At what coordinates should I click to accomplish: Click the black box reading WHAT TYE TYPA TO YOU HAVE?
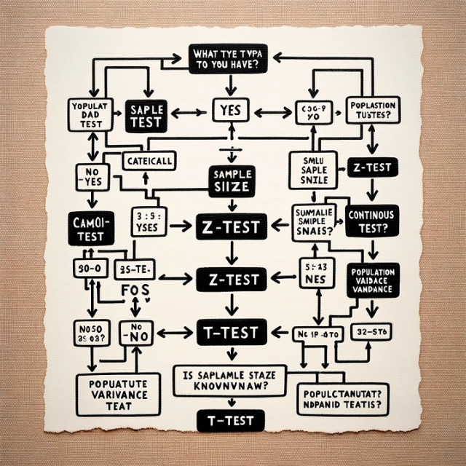232,58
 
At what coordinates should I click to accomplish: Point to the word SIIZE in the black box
232,186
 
